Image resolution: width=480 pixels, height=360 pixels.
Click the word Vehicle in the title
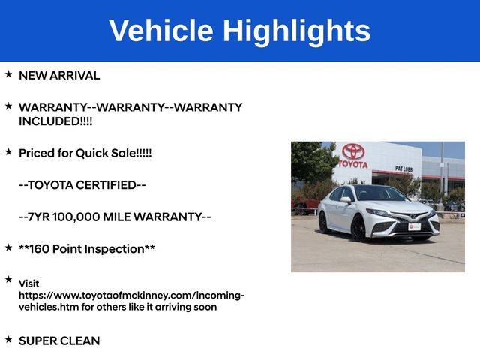tap(161, 30)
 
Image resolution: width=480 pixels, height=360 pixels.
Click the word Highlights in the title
tap(296, 32)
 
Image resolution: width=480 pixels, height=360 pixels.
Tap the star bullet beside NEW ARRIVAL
tap(8, 73)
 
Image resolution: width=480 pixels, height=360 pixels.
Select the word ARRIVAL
tap(74, 75)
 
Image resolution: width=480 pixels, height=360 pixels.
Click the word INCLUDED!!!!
tap(55, 121)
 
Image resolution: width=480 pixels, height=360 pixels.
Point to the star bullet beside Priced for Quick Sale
tap(8, 151)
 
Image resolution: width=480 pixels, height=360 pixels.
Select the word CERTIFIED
tap(106, 185)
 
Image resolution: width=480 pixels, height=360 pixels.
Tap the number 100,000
tap(76, 217)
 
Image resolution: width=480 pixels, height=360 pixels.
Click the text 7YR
tap(39, 217)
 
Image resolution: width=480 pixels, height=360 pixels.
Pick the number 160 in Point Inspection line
tap(40, 248)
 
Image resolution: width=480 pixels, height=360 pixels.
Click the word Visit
tap(28, 283)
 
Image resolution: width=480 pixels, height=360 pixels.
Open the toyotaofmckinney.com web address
tap(132, 301)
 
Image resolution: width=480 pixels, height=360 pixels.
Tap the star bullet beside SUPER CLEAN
tap(8, 339)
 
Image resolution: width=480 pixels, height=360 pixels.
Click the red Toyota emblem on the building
tap(353, 151)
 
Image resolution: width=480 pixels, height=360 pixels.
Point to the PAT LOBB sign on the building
tap(403, 169)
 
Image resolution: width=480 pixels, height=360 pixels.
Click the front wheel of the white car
tap(359, 228)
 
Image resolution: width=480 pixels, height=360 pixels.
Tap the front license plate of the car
tap(414, 226)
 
